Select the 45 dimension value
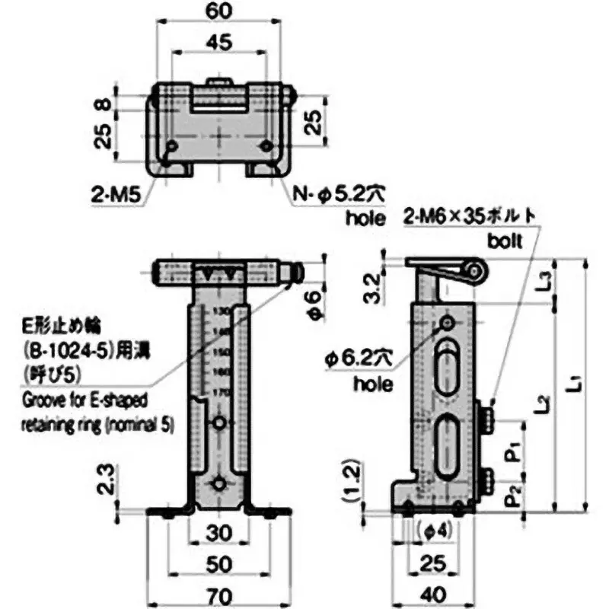pos(219,43)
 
